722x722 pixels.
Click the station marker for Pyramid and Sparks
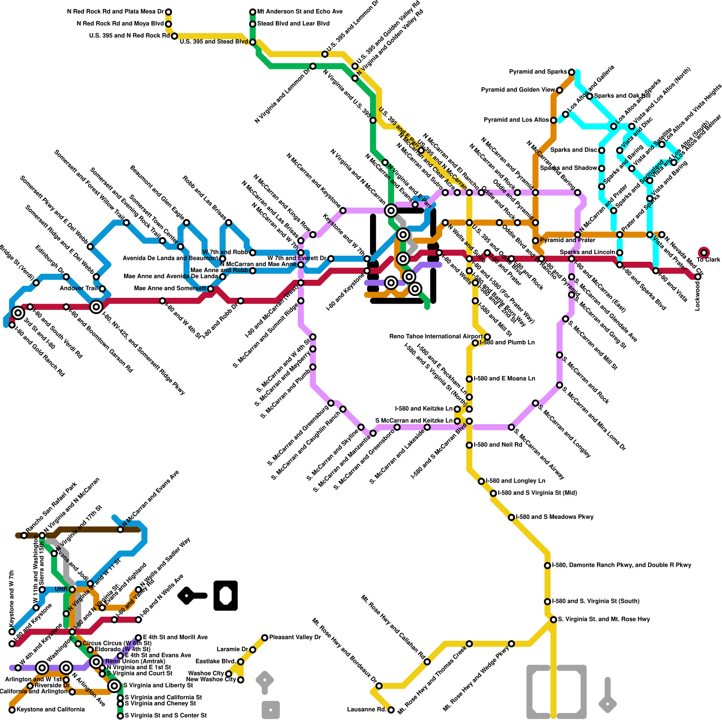point(571,72)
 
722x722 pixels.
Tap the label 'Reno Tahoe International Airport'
point(435,337)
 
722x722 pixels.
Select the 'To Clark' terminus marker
point(703,253)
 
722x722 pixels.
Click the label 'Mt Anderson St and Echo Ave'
point(300,12)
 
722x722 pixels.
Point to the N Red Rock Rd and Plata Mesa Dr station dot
point(168,12)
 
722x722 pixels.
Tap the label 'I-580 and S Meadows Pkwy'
point(555,517)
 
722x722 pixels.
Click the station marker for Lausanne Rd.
point(391,710)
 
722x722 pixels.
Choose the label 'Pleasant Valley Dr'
point(295,638)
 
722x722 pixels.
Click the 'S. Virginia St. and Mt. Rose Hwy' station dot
point(553,620)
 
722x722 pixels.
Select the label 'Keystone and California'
point(51,710)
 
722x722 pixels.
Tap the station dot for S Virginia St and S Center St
point(120,716)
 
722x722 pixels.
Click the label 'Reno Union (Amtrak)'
point(129,662)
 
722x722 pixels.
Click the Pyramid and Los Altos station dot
point(553,120)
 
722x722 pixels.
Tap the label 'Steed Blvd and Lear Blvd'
point(293,24)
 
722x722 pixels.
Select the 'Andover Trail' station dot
point(102,289)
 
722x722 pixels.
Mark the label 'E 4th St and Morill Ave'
point(175,638)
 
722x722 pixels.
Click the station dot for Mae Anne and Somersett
point(210,289)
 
